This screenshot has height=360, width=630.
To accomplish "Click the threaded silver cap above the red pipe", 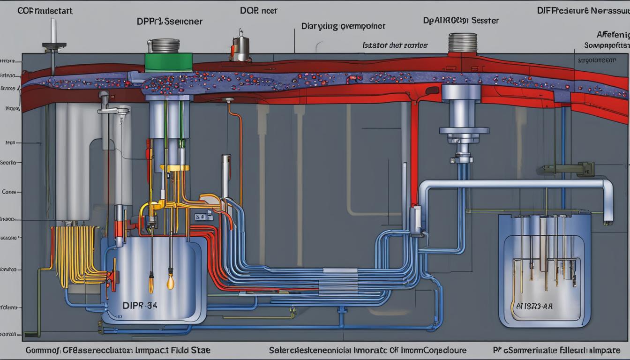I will coord(462,43).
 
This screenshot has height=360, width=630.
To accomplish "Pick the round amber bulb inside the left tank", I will coord(171,282).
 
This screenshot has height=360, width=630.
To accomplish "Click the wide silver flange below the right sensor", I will coord(464,131).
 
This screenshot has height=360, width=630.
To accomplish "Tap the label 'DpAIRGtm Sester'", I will coord(461,21).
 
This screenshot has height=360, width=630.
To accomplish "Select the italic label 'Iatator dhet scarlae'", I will coord(395,45).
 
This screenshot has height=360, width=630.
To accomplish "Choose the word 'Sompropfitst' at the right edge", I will coord(606,45).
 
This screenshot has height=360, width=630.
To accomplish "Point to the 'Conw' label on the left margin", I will coord(10,191).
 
